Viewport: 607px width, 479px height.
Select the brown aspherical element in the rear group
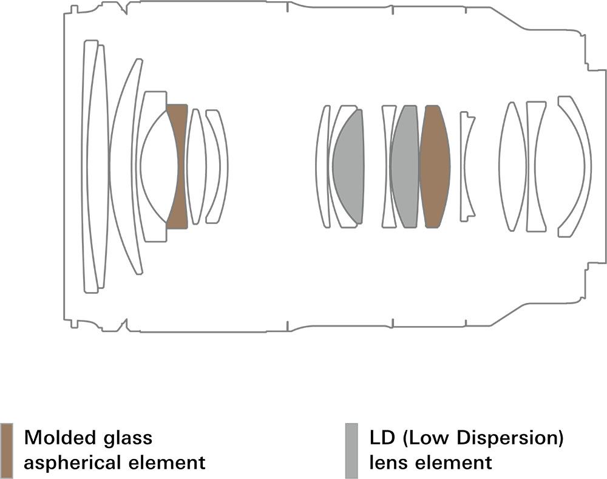pos(435,166)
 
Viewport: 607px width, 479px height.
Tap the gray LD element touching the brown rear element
pos(405,166)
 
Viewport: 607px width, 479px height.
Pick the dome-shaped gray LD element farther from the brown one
pos(348,166)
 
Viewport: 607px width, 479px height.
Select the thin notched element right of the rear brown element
pos(466,166)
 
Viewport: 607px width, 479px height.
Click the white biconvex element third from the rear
pos(512,166)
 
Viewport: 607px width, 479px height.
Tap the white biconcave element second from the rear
pos(535,166)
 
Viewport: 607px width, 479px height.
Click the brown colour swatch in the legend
pos(7,450)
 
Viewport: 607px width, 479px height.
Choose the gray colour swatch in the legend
pos(351,450)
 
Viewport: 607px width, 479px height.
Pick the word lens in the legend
pos(388,463)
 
